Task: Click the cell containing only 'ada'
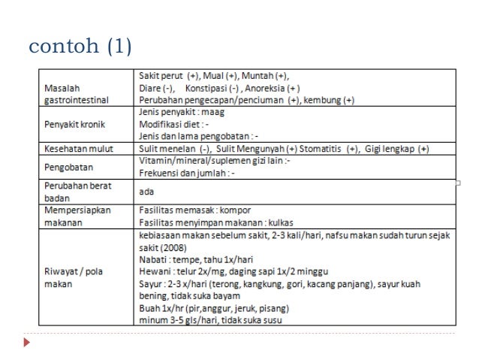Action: coord(143,192)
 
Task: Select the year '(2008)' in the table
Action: coord(171,247)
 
